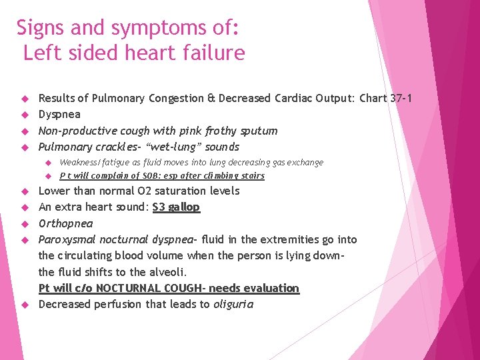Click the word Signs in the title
coord(41,28)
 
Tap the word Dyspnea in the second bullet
coord(59,115)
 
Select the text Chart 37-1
coord(385,99)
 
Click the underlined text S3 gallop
coord(176,207)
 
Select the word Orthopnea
coord(66,223)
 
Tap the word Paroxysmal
coord(69,239)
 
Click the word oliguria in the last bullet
coord(233,305)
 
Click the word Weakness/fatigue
coord(90,163)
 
